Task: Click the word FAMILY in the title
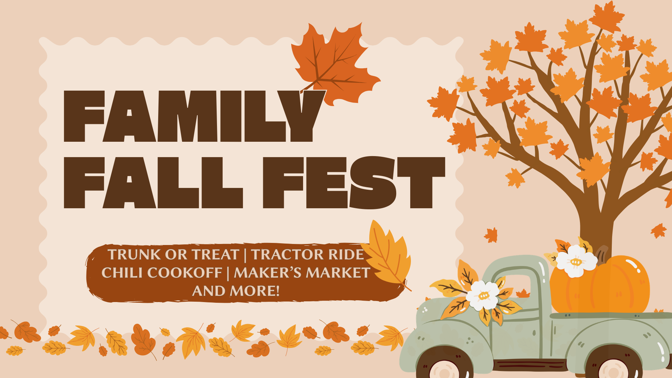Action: (x=194, y=116)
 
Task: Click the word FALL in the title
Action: (x=153, y=182)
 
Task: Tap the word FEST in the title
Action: (x=354, y=182)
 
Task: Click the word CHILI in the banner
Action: (x=118, y=273)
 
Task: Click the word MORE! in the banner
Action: (x=255, y=291)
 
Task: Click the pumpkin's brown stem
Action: (x=602, y=253)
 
